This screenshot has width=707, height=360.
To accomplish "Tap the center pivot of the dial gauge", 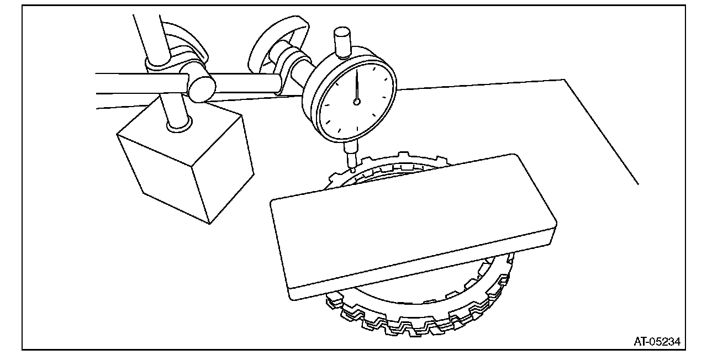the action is coord(357,102).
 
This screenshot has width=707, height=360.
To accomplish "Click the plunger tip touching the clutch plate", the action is coord(352,170).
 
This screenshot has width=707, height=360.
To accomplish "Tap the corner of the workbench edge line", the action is coord(564,80).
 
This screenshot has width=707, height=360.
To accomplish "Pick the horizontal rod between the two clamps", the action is coord(243,83).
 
